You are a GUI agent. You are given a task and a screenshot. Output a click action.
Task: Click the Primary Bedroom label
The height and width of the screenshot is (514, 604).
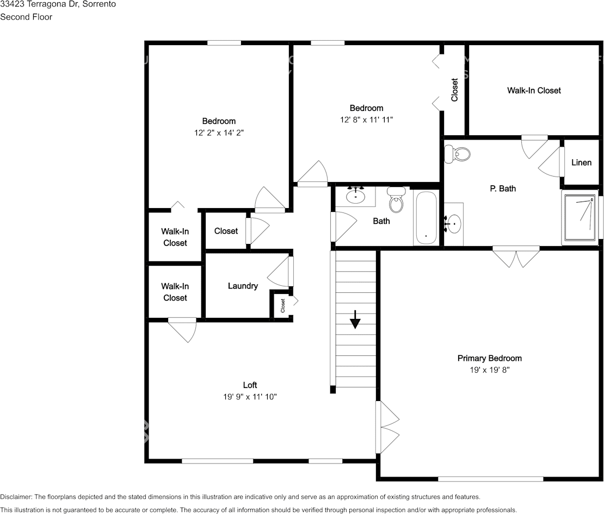(489, 358)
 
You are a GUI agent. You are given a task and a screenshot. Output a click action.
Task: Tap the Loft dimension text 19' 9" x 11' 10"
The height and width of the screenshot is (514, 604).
(250, 397)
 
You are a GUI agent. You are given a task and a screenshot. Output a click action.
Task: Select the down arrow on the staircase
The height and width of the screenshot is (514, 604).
(355, 320)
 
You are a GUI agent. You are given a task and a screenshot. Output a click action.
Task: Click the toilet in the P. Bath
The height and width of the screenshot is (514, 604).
(457, 154)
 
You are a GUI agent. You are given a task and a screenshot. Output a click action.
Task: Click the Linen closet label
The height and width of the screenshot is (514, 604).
(581, 162)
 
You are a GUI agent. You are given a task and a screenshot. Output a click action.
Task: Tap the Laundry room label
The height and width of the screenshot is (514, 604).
(243, 286)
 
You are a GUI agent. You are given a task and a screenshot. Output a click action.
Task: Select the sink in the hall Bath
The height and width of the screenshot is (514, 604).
(356, 195)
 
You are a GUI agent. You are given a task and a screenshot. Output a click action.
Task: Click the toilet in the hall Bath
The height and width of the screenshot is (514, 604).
(396, 200)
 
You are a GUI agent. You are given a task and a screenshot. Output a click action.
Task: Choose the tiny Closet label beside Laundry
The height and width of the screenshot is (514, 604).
(283, 305)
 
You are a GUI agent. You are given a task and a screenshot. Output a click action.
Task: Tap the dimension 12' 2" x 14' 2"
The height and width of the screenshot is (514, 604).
(219, 133)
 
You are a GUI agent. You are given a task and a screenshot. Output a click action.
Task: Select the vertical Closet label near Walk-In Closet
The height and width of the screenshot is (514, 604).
(454, 90)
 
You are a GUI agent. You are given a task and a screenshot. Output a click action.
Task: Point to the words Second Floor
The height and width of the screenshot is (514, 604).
(26, 17)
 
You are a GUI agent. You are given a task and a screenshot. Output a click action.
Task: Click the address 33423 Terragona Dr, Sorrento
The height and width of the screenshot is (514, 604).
(58, 4)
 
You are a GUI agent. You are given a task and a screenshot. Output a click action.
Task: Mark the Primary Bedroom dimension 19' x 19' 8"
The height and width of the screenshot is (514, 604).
(489, 369)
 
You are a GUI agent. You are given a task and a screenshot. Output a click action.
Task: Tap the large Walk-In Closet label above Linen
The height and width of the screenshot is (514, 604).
(534, 90)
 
